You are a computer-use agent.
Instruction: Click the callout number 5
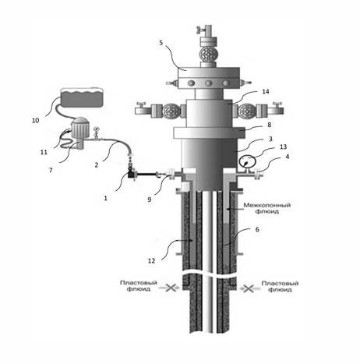(x=161, y=43)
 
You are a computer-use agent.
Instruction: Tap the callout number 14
(x=266, y=91)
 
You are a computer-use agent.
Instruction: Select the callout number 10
(x=36, y=120)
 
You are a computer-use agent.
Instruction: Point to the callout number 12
(x=151, y=260)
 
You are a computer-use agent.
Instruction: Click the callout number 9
(x=150, y=200)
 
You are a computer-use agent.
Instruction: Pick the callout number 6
(x=257, y=229)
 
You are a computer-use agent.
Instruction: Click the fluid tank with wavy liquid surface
(x=82, y=97)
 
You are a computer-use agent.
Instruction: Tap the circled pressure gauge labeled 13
(x=247, y=163)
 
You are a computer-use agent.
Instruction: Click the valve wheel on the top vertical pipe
(x=208, y=54)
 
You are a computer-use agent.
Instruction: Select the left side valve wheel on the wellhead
(x=170, y=111)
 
